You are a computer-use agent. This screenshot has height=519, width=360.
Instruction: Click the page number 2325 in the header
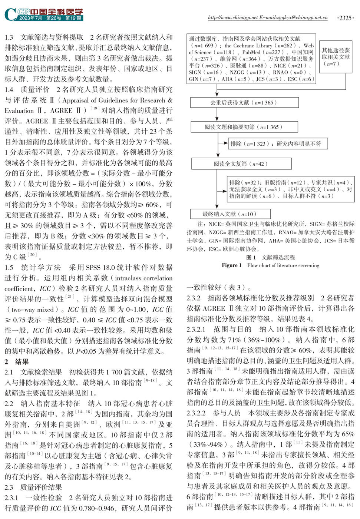point(346,17)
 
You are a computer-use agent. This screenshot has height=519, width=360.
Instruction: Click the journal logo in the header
point(44,14)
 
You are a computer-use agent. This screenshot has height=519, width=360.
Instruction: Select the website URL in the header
point(268,17)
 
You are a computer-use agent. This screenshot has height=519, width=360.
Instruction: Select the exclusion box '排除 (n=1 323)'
point(276,144)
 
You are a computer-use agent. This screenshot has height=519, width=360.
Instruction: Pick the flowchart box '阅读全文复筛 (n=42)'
point(240,163)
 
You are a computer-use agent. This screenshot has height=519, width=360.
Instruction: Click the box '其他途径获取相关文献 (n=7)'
point(336,57)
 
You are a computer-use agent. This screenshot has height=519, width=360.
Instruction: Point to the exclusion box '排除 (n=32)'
point(290,189)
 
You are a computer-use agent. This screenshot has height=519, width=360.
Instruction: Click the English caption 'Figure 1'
point(231,265)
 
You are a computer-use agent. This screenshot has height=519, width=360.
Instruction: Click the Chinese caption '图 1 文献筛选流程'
point(271,257)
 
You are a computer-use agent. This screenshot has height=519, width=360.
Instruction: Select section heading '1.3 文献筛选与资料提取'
point(44,37)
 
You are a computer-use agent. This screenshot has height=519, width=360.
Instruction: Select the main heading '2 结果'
point(17,361)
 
